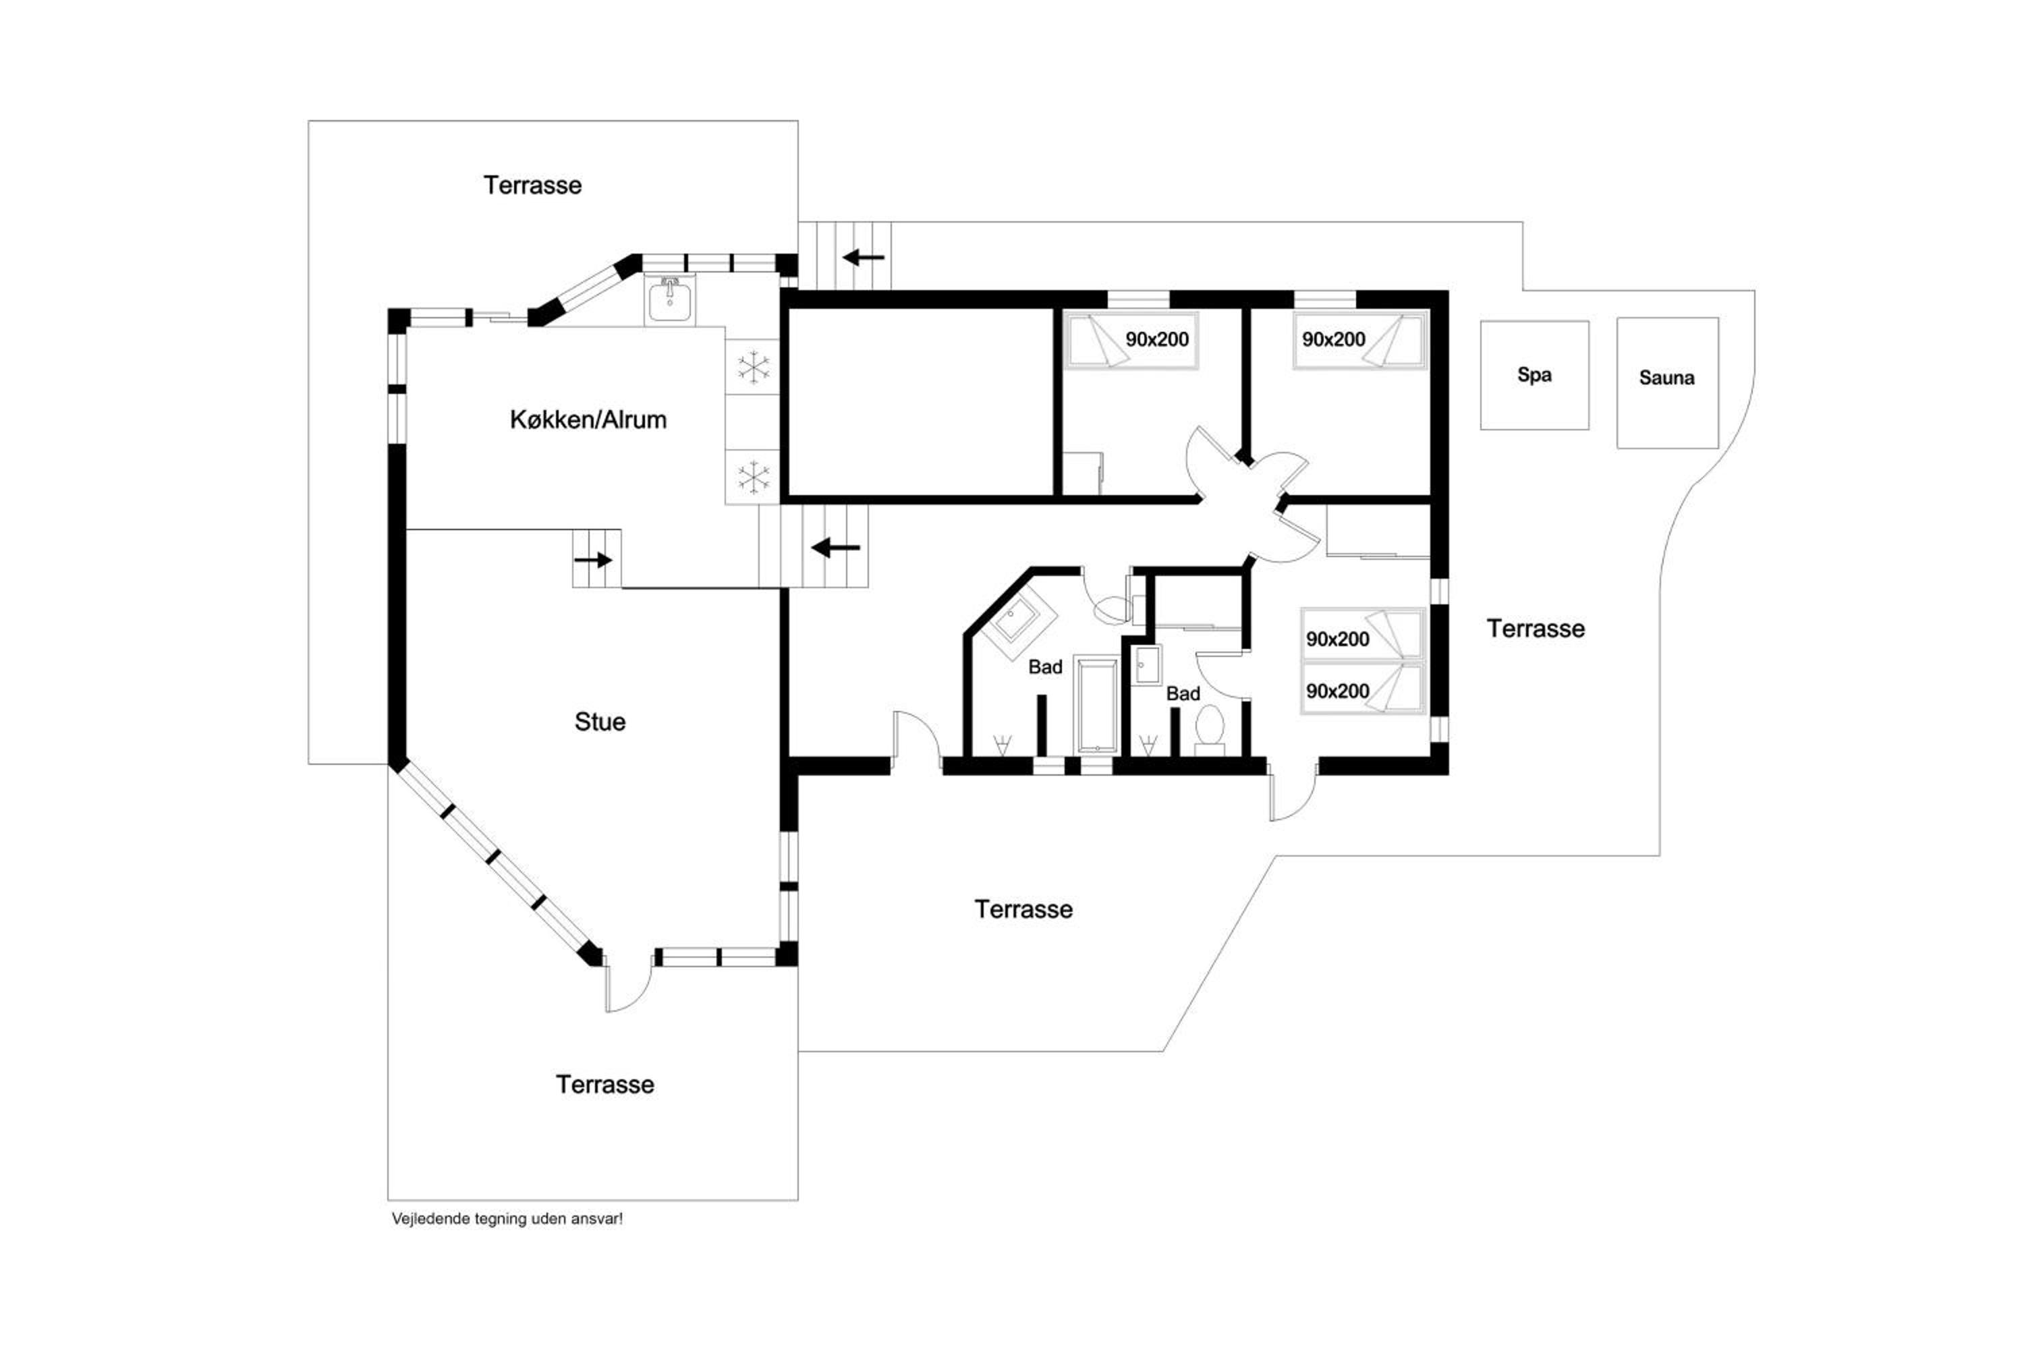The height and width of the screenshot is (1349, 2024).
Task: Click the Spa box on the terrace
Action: pyautogui.click(x=1534, y=375)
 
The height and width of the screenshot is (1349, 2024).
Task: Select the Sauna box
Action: pyautogui.click(x=1668, y=383)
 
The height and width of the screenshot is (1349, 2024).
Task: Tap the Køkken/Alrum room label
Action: pyautogui.click(x=588, y=420)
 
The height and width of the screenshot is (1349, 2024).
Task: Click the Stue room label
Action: pyautogui.click(x=600, y=721)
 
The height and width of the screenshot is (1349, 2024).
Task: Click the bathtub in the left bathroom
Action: pyautogui.click(x=1096, y=705)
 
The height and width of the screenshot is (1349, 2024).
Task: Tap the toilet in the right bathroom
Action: pyautogui.click(x=1210, y=730)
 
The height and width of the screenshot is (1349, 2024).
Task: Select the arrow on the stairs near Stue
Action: pyautogui.click(x=593, y=560)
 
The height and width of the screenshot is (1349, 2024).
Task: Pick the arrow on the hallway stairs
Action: pyautogui.click(x=836, y=547)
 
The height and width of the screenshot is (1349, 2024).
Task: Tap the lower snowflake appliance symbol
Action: pyautogui.click(x=753, y=477)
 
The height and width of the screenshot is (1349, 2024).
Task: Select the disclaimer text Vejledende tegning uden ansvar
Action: pyautogui.click(x=507, y=1219)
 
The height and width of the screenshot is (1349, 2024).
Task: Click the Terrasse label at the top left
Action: pyautogui.click(x=533, y=185)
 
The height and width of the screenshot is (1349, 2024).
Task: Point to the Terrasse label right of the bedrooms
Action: pyautogui.click(x=1536, y=629)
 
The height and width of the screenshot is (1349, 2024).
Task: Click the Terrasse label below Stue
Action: pyautogui.click(x=605, y=1084)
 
